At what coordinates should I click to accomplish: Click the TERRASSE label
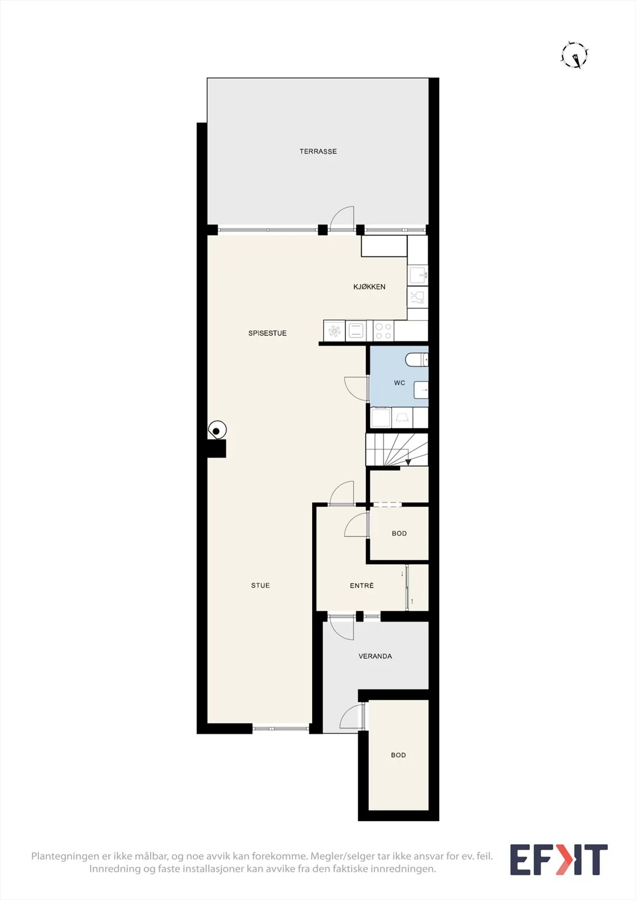318,151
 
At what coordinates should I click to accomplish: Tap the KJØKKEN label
369,287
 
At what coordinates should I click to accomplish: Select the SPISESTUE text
267,333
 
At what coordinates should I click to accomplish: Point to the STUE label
260,586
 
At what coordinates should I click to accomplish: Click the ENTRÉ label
362,586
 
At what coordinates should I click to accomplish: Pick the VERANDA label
375,656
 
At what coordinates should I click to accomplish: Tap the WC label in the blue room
399,383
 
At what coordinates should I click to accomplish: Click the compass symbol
575,55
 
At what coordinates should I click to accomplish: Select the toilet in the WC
416,359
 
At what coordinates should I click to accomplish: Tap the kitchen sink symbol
417,275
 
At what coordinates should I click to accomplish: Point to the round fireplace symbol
217,430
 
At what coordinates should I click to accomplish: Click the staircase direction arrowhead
408,462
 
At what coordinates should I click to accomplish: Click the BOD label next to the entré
399,534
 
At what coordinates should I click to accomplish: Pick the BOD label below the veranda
398,755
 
